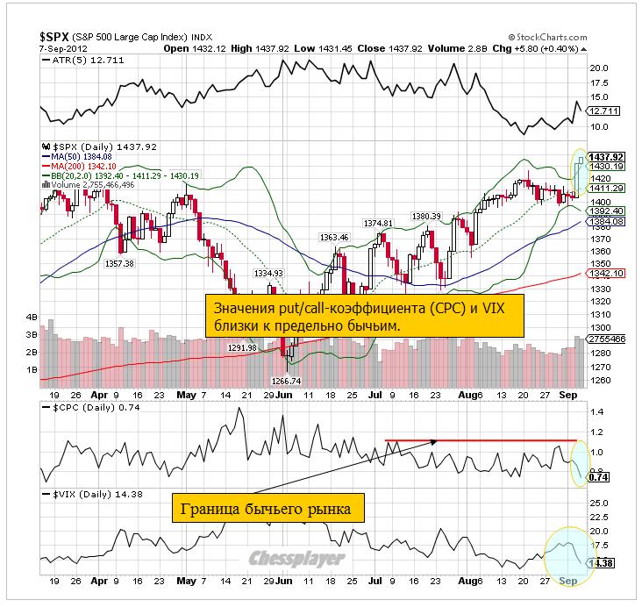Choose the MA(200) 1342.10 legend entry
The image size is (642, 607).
click(82, 166)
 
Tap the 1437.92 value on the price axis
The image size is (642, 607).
click(604, 156)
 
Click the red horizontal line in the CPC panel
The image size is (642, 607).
click(481, 439)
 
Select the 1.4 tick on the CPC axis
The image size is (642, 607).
click(596, 411)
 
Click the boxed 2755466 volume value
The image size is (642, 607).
click(605, 338)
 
